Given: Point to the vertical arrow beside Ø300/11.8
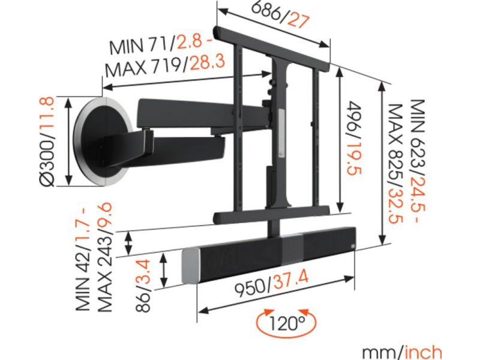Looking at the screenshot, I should point(70,141).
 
